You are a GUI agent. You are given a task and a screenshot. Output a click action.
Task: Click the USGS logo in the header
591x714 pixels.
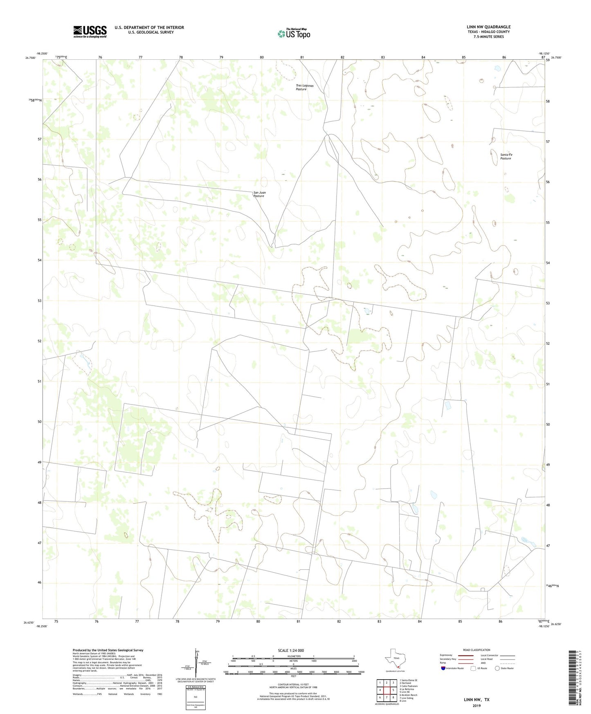[x=90, y=31]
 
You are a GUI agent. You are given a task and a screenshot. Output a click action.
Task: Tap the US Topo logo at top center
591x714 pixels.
[x=294, y=33]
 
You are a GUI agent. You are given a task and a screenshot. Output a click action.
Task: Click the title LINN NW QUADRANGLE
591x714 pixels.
[x=488, y=27]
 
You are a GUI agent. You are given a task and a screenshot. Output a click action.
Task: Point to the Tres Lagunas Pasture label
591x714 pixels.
[x=305, y=88]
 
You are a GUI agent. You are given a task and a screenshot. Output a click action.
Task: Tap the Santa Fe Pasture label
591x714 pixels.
[x=506, y=157]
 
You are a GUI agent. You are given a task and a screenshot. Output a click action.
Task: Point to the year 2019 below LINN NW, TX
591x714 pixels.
[x=476, y=705]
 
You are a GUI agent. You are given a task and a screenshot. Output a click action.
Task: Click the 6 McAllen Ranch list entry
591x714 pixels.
[x=408, y=695]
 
